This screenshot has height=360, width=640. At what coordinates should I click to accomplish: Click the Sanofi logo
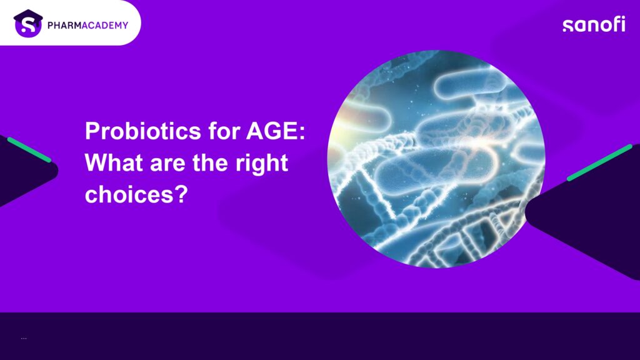pos(594,24)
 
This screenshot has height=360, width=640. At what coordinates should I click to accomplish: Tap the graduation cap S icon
pos(28,23)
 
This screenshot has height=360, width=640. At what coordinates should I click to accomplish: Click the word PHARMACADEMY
pos(87,25)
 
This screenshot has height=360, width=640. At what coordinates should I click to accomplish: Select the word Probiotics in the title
pos(143,131)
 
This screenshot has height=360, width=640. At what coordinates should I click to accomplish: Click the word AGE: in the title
pos(276,131)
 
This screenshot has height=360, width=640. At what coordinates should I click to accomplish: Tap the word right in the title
pos(262,164)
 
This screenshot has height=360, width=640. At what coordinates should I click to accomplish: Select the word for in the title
pos(224,131)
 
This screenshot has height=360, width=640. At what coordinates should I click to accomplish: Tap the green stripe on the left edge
pos(29,150)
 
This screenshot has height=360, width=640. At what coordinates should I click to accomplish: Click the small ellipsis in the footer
pos(24,338)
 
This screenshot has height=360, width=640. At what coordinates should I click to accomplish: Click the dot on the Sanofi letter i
pos(622,18)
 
